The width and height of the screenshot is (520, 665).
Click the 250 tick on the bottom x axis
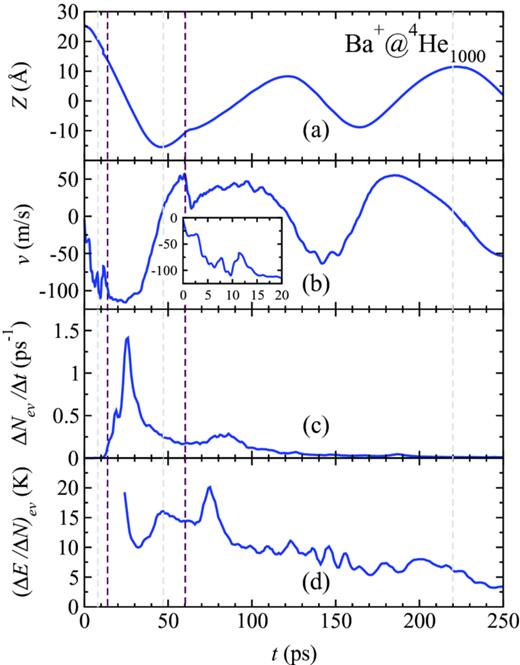coord(504,623)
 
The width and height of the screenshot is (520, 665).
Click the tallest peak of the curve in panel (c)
coord(127,337)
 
